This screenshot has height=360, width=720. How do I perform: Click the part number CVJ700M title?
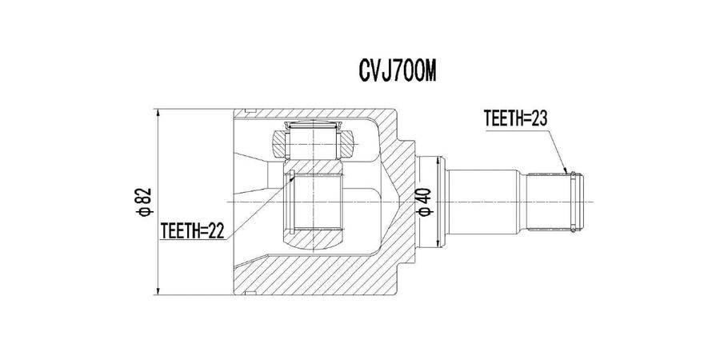point(397,72)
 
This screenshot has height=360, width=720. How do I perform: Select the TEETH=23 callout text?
point(516,119)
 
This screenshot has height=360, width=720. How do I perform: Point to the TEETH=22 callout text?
point(192,231)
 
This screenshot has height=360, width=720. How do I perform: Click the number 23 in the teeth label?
point(539,119)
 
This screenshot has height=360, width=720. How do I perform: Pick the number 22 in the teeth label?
point(216,231)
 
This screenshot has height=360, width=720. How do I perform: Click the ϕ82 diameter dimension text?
point(145,202)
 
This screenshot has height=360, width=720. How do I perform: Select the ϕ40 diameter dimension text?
point(425,202)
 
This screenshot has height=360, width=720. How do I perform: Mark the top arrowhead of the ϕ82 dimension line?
point(158,114)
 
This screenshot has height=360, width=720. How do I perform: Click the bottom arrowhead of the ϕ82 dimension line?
point(158,290)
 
